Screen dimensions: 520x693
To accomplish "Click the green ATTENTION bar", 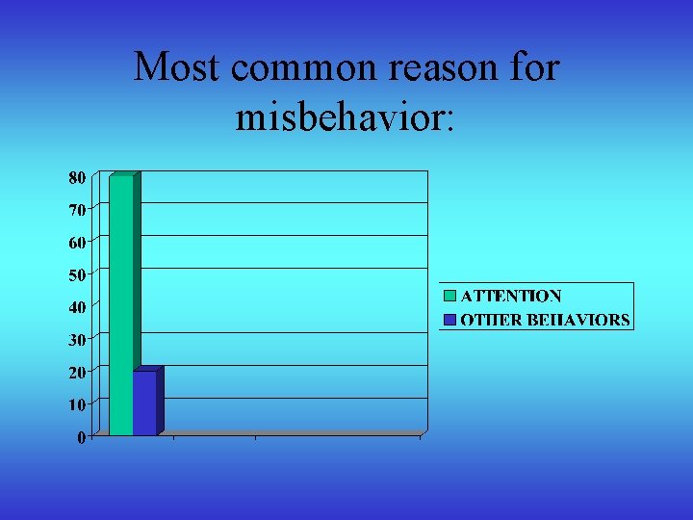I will (121, 304).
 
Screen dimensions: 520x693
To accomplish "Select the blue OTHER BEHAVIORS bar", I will (144, 403).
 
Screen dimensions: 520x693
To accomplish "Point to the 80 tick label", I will (76, 177).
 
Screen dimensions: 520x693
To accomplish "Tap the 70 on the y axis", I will (76, 209).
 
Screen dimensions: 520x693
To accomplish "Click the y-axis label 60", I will (76, 242).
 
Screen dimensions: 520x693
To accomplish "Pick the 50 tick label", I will (76, 274).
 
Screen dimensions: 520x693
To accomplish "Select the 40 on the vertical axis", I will (76, 307).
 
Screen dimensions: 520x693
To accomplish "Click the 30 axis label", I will (76, 339).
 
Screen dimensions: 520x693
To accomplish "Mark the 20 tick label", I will (76, 372).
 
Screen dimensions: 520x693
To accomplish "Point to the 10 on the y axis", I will (76, 404).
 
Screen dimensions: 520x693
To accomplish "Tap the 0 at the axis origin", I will (81, 437).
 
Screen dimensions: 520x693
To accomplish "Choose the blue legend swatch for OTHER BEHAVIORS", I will (449, 319).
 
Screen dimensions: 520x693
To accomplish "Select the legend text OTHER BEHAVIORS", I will (545, 320).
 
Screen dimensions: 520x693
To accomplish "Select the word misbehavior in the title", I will (346, 117).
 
